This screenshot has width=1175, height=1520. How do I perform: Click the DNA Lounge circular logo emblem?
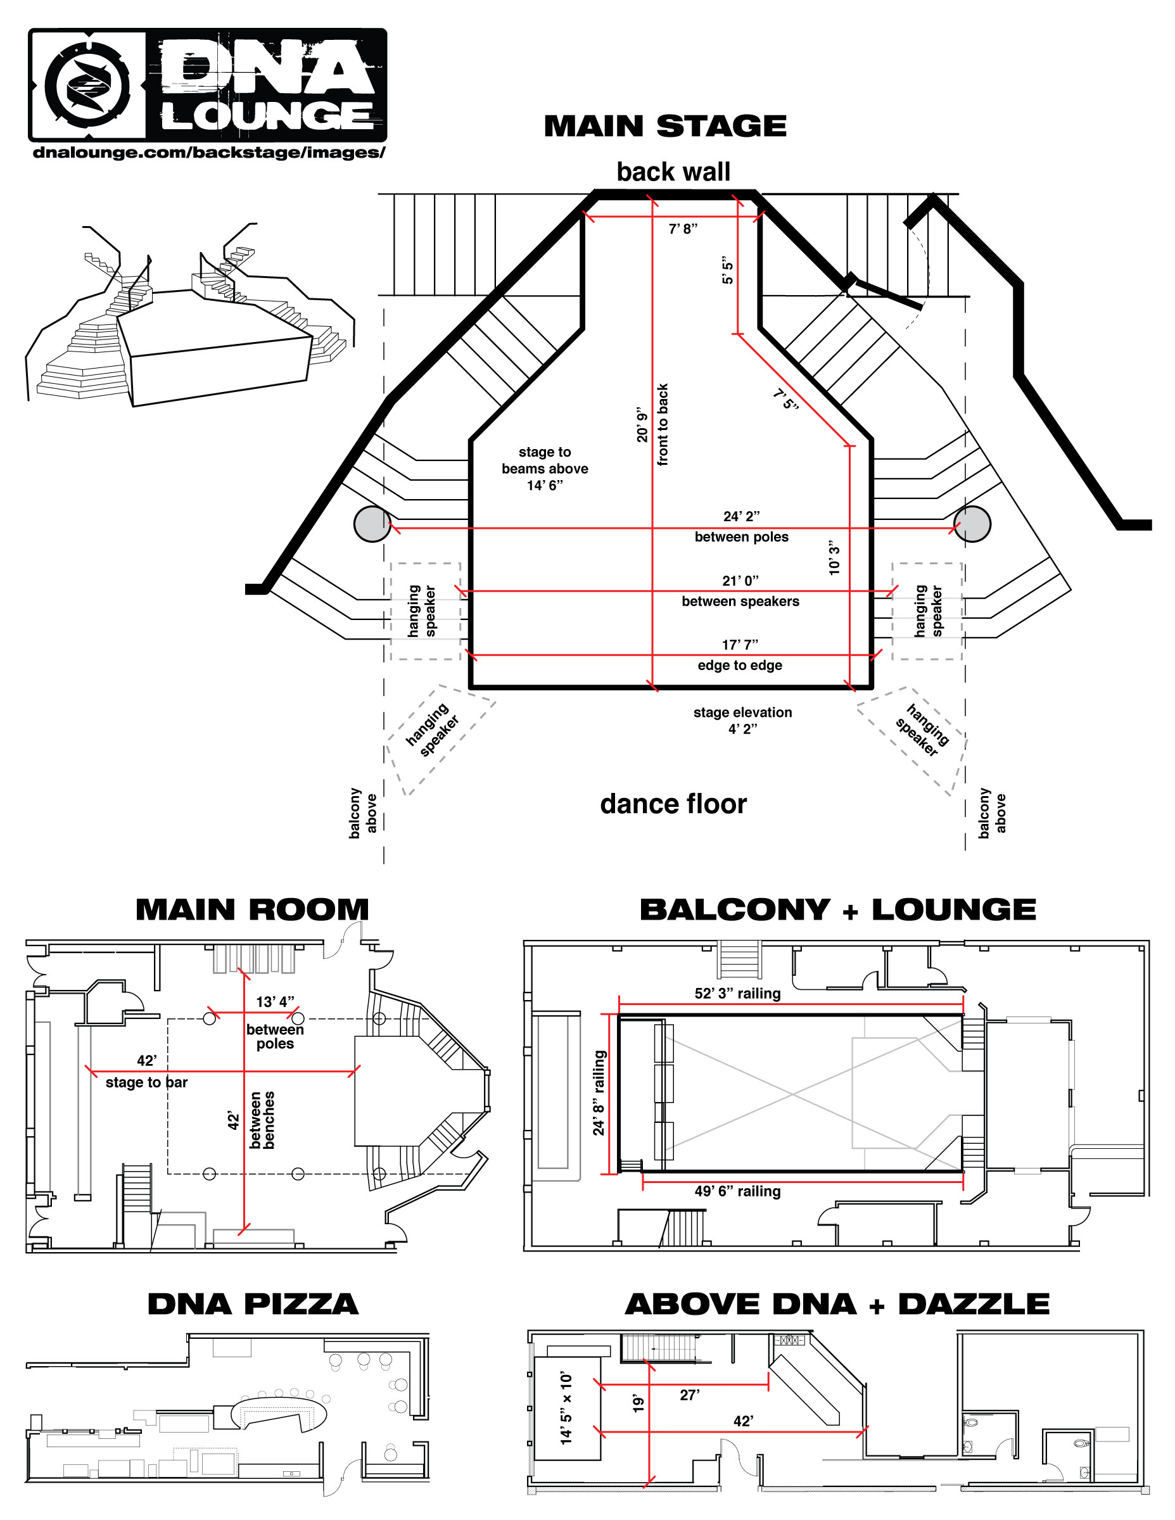87,85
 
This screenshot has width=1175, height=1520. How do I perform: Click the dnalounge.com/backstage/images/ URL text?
208,153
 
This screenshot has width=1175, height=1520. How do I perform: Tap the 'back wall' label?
673,172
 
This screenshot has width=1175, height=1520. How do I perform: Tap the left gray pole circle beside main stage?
372,523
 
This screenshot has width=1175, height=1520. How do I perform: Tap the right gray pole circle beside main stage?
972,523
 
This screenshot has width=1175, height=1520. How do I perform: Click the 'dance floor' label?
673,804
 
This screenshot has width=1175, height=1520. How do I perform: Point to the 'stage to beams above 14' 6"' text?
544,469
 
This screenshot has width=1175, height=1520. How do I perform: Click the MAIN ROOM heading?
252,909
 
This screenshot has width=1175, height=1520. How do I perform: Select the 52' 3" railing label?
737,993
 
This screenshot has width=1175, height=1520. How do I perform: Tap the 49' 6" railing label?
737,1191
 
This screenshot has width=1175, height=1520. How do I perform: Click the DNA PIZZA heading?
253,1304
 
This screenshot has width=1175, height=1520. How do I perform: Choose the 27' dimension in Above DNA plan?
689,1395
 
